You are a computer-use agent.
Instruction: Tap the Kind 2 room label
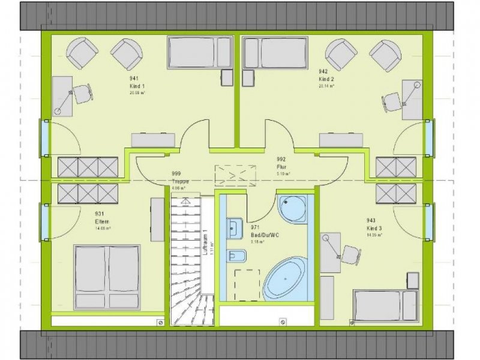pos(326,79)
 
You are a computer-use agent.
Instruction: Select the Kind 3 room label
pos(374,229)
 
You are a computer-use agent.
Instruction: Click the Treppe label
pos(181,181)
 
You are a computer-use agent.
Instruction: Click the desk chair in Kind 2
pos(394,101)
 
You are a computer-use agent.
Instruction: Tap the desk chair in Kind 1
pos(82,94)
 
